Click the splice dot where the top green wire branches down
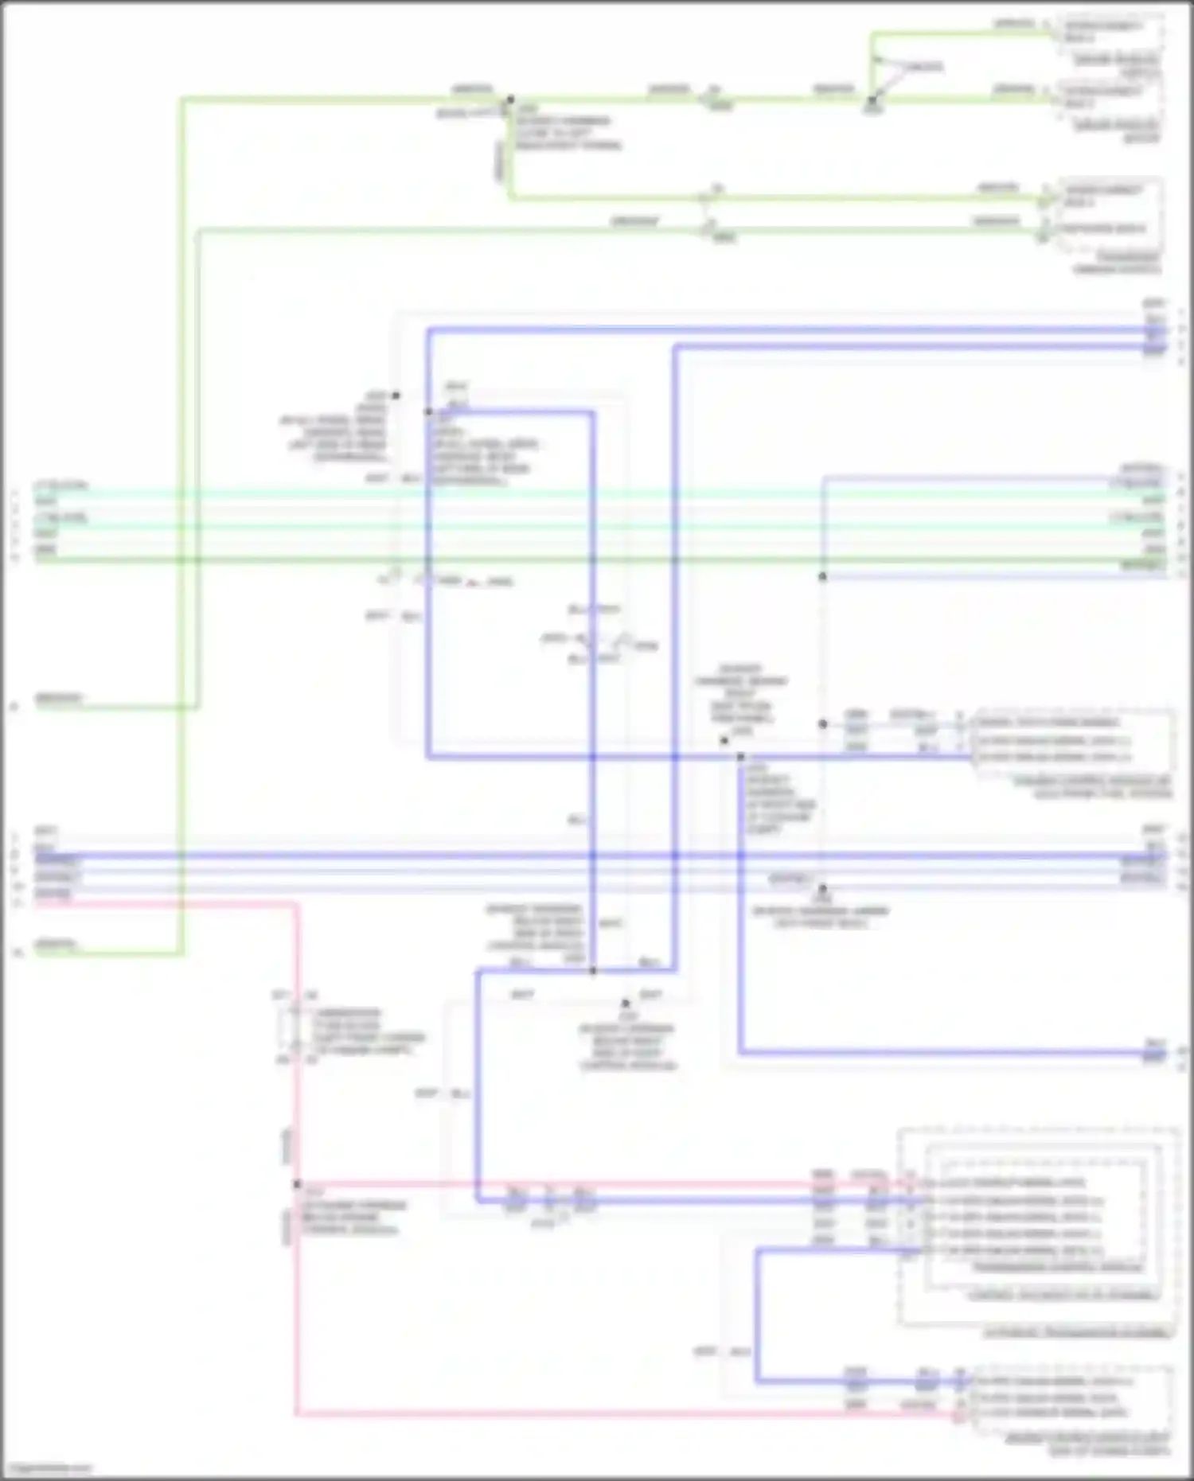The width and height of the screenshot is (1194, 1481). tap(510, 100)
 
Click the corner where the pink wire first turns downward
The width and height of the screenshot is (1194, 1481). tap(298, 904)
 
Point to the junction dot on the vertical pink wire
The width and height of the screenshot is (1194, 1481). tap(298, 1184)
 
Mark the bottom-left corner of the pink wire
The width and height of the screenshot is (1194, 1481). tap(298, 1414)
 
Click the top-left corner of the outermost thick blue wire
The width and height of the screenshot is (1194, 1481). tap(428, 329)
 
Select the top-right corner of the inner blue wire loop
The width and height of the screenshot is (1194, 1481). tap(593, 413)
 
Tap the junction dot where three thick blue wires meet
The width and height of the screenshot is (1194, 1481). tap(593, 971)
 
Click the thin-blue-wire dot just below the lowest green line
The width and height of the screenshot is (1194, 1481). tap(823, 576)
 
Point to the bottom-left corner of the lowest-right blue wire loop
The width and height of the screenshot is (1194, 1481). tap(757, 1381)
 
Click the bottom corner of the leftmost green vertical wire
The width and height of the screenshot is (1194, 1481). tap(183, 953)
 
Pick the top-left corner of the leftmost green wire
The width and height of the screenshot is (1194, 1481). tap(183, 100)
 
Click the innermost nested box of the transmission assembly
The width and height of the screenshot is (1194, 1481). tap(1043, 1218)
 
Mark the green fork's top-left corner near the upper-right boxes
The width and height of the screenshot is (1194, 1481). tap(872, 35)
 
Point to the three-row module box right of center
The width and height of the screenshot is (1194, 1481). tap(1071, 741)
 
